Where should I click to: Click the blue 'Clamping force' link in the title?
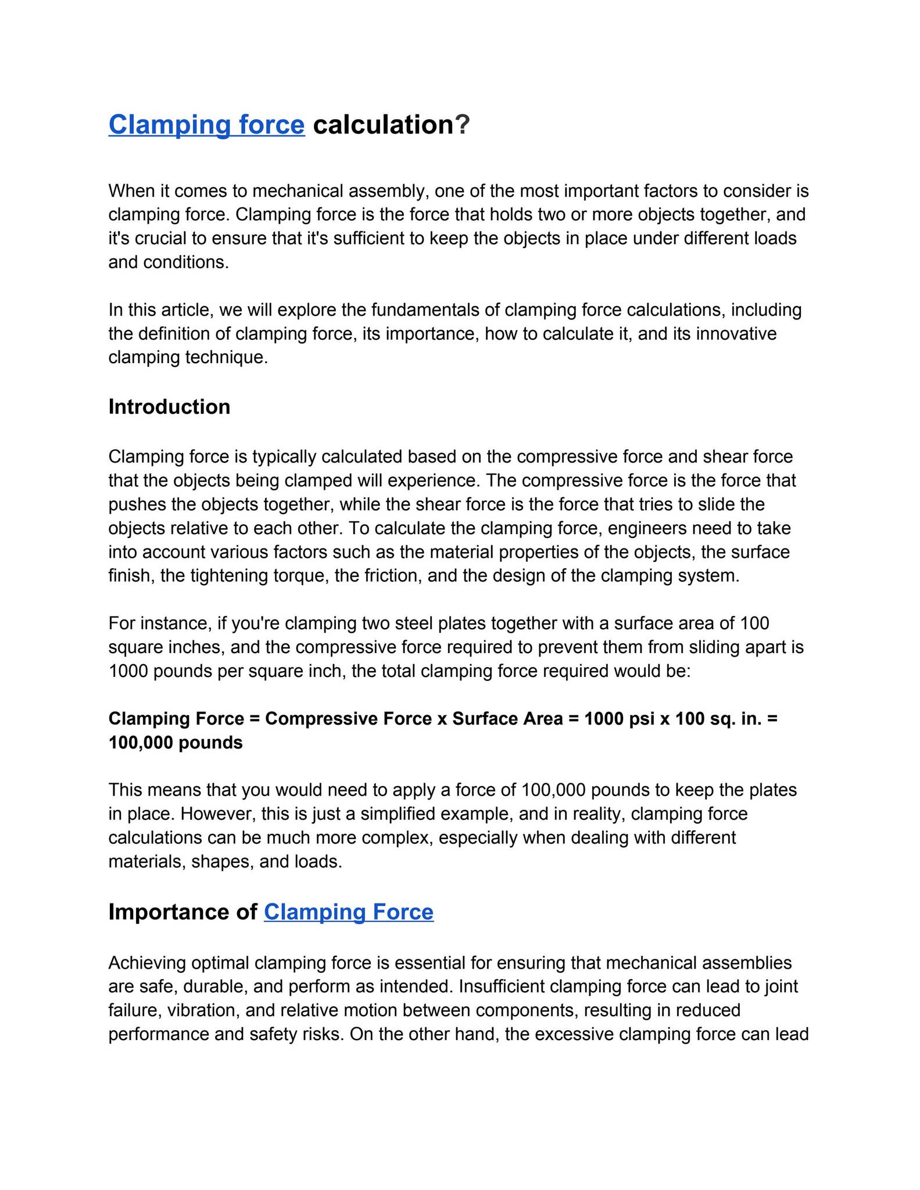[206, 125]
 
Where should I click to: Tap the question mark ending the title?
[462, 125]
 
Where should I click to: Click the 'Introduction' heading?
[169, 407]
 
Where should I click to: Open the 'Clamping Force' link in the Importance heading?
[349, 912]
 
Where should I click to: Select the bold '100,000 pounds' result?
[176, 743]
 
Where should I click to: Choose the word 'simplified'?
[399, 813]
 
